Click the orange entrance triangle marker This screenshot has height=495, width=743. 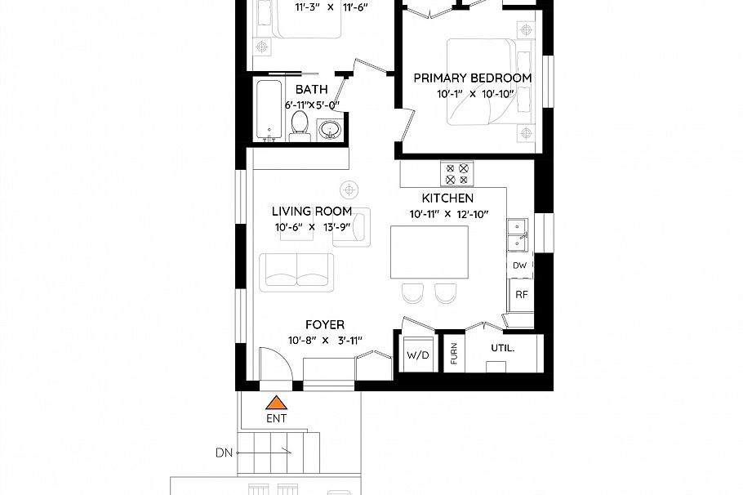click(277, 402)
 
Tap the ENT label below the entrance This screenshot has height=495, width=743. click(277, 418)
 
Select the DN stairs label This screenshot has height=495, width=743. click(225, 452)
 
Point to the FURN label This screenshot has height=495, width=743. click(454, 355)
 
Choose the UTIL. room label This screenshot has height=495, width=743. click(502, 347)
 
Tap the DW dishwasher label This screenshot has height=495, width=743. click(519, 265)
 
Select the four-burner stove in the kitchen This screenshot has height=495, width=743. click(456, 173)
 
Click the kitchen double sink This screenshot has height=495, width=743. click(518, 234)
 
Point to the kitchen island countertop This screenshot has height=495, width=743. click(429, 253)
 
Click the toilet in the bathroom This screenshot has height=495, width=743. click(300, 127)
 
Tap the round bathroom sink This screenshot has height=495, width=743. click(329, 131)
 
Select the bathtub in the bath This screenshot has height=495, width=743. click(268, 110)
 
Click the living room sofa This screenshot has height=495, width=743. click(296, 271)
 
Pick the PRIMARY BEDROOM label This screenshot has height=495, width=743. click(472, 78)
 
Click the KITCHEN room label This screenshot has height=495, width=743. click(447, 198)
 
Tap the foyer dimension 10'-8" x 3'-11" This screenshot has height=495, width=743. click(324, 341)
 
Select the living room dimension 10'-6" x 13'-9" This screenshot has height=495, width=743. click(312, 228)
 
